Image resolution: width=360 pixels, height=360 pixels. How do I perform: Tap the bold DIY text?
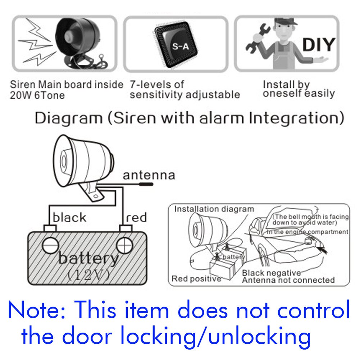click(x=319, y=45)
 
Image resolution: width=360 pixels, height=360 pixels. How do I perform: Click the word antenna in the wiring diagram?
click(x=149, y=175)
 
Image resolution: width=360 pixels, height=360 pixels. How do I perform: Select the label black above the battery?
click(x=69, y=218)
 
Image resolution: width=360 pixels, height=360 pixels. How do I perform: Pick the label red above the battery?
click(x=136, y=218)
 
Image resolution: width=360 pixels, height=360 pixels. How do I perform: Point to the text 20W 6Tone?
click(x=37, y=95)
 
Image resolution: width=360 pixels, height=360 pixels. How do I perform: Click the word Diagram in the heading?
click(x=68, y=118)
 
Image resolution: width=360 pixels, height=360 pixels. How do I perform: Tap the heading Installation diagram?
click(x=214, y=209)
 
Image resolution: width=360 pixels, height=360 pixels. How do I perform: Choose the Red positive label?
click(x=196, y=279)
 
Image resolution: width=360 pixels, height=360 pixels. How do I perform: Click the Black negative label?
click(x=271, y=273)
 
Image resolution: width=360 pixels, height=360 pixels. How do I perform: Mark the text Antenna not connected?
click(x=288, y=280)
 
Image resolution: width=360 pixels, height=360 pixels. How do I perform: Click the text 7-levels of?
click(x=157, y=85)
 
